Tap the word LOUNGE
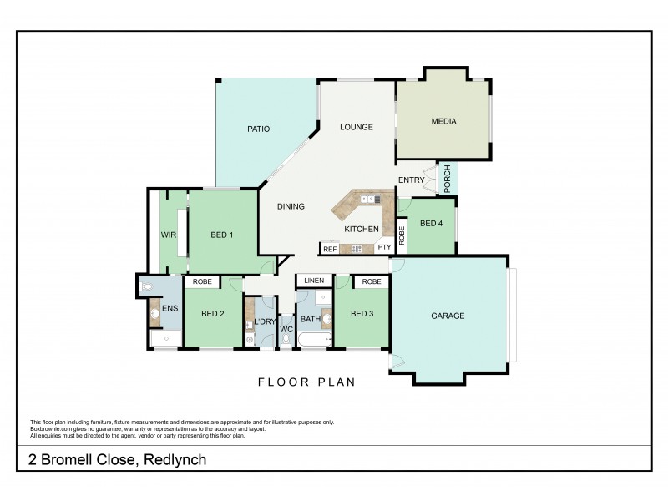[x=356, y=127]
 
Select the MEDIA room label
[x=443, y=121]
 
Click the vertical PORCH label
[x=448, y=179]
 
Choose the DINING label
[x=291, y=206]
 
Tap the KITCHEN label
[x=362, y=229]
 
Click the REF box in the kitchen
[x=329, y=249]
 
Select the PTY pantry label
[x=384, y=248]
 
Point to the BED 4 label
[x=431, y=223]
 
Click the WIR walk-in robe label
[x=168, y=235]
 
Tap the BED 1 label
[x=220, y=235]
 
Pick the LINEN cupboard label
[x=314, y=281]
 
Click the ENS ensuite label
[x=170, y=309]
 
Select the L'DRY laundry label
[x=266, y=321]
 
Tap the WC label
[x=286, y=329]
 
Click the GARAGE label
[x=448, y=316]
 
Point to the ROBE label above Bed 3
[x=372, y=281]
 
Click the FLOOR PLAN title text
[x=306, y=382]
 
